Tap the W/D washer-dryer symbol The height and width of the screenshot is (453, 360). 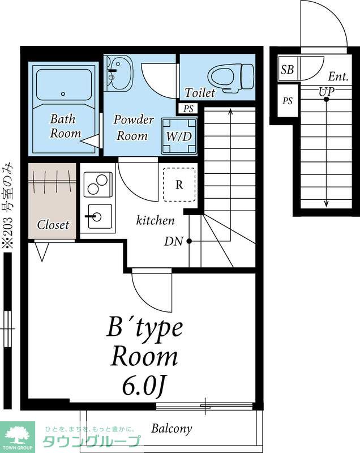point(179,136)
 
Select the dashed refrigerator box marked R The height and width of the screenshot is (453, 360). point(179,185)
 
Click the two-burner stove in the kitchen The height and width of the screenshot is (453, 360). point(98,185)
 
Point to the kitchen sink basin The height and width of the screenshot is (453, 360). point(98,216)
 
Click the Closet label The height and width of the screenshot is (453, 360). point(53,225)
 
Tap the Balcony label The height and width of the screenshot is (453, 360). point(172,429)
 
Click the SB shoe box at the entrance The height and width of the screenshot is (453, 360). point(287,69)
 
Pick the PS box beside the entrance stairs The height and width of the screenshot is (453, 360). point(288,101)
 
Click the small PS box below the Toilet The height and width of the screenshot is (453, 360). point(188,109)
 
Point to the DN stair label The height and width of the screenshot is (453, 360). point(174,242)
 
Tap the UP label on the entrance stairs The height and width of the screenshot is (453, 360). point(327,92)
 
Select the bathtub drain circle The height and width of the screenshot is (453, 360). point(63,93)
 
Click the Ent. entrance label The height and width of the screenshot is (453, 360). point(338,77)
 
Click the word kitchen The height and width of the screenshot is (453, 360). point(155,220)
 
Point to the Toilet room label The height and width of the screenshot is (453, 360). point(199,93)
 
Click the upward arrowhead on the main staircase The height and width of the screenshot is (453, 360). point(230,111)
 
